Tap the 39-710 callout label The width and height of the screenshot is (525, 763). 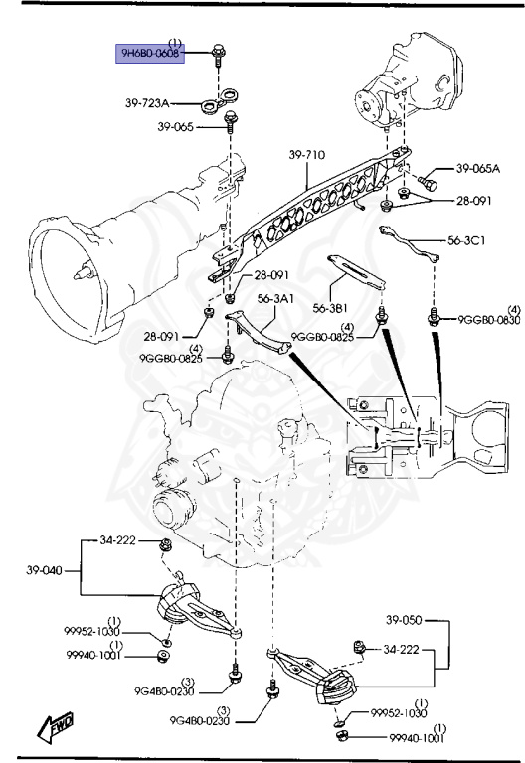coord(308,155)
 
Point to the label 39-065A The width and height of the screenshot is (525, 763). coord(478,170)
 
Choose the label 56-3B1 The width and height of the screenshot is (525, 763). coord(334,307)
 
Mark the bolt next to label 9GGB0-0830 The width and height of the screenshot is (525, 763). coord(434,318)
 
